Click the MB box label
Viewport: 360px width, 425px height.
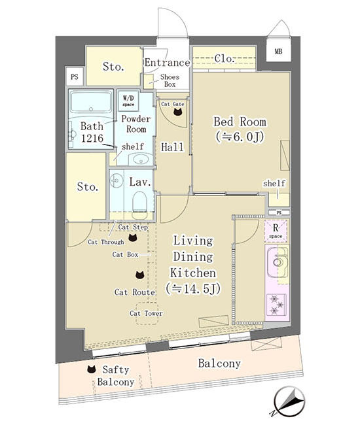(x=278, y=51)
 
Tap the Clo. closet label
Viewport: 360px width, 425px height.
(x=224, y=59)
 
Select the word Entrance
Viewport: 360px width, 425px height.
(x=167, y=63)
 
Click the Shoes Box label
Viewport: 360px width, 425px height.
(x=170, y=80)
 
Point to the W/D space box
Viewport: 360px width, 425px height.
(x=128, y=101)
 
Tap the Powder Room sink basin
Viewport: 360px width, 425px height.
(x=140, y=160)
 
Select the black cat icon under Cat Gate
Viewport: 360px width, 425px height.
(x=178, y=112)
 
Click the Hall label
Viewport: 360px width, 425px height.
(x=172, y=147)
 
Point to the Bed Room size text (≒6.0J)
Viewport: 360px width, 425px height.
(x=240, y=137)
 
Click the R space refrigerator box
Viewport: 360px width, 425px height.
(x=276, y=231)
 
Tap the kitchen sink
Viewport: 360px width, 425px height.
(x=278, y=262)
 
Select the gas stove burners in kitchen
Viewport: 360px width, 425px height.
(x=276, y=305)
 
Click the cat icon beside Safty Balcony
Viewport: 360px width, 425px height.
(x=92, y=369)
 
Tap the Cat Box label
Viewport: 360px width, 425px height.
(x=125, y=254)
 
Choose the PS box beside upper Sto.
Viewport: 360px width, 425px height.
(x=75, y=76)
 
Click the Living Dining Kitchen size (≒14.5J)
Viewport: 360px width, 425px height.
(x=193, y=289)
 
